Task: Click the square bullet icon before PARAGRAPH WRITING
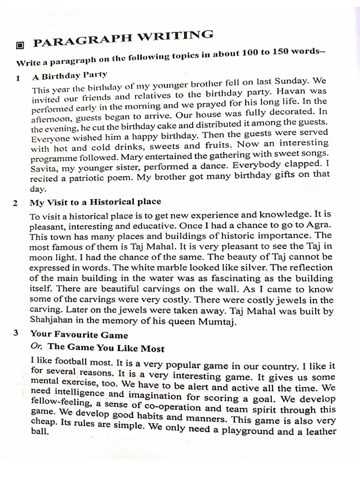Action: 20,45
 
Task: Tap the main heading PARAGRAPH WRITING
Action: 123,39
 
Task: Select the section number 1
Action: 18,79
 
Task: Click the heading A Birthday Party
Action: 70,75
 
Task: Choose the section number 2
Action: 16,203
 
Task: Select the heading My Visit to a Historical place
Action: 95,202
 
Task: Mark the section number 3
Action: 16,334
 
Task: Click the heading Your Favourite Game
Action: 79,335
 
